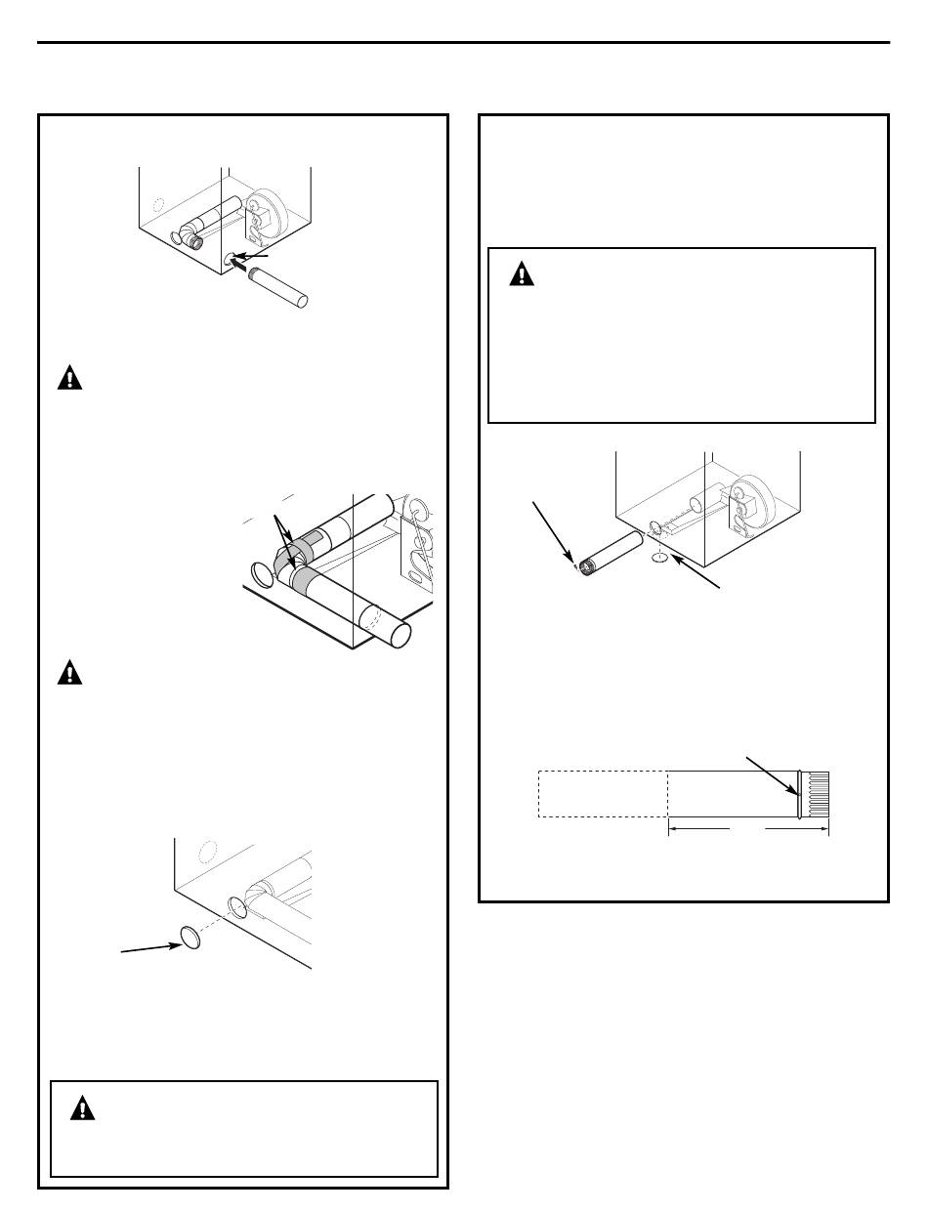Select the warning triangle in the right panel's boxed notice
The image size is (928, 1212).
point(524,274)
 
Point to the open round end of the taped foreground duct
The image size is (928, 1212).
point(399,632)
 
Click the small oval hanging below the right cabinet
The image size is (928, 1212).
point(659,560)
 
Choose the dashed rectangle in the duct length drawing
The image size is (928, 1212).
point(603,793)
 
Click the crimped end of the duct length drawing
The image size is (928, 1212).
point(817,793)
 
